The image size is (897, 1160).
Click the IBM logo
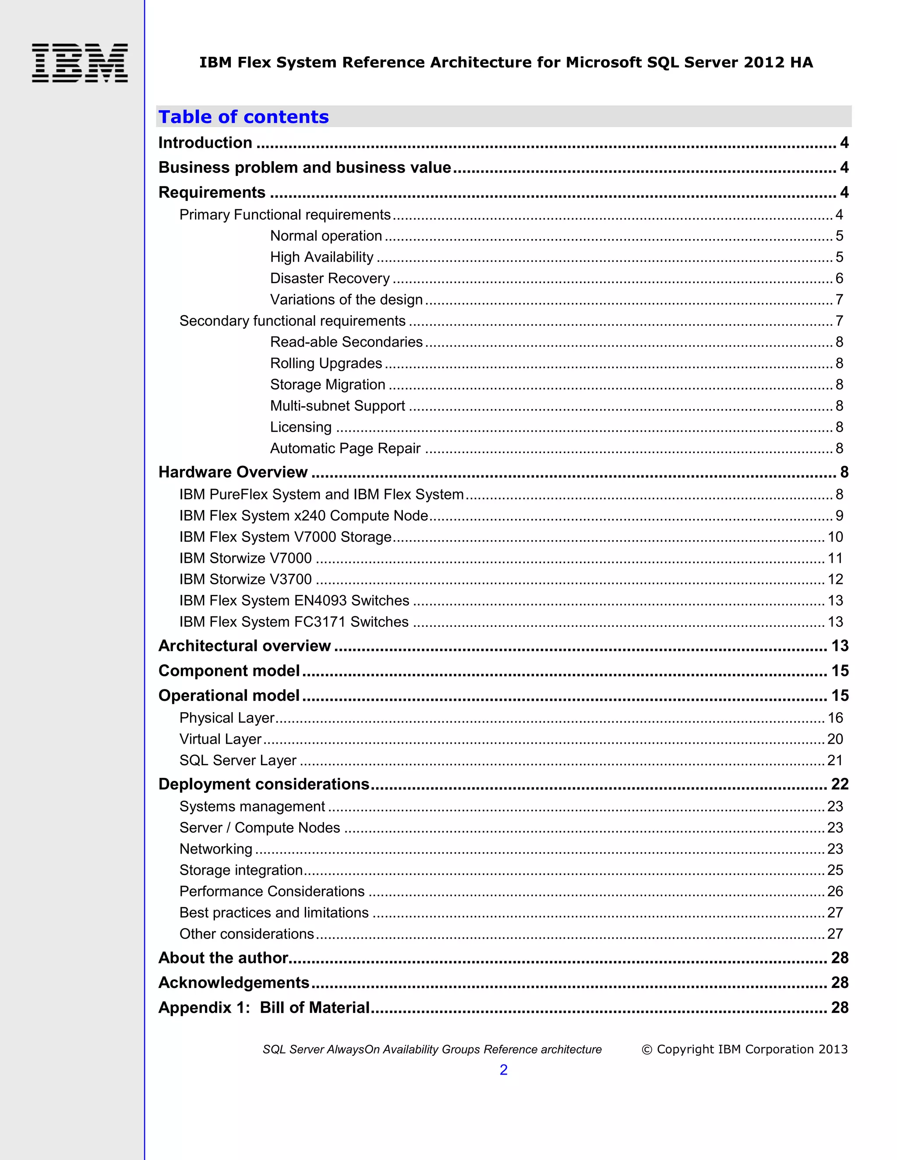coord(80,63)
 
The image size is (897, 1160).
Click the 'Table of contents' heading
coord(244,117)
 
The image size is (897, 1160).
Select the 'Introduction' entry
coord(205,143)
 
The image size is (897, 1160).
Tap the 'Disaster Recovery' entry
coord(329,278)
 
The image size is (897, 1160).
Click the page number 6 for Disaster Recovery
coord(839,278)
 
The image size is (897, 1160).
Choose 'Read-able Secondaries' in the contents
coord(346,342)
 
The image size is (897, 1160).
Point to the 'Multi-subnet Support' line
coord(337,406)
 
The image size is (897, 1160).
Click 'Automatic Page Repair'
coord(345,448)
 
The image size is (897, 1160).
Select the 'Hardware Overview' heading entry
coord(233,472)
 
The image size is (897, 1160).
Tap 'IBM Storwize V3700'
coord(246,579)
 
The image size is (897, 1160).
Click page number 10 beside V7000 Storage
coord(835,537)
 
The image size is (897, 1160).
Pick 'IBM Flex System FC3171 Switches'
coord(294,622)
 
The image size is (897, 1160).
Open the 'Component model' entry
coord(229,671)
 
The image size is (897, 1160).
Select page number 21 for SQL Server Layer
coord(835,761)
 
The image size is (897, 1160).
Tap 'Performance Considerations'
coord(272,891)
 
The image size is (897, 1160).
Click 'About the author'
coord(223,958)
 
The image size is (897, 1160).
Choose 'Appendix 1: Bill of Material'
coord(264,1008)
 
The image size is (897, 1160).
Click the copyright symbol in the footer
coord(646,1050)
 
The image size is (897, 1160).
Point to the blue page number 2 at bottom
coord(503,1070)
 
